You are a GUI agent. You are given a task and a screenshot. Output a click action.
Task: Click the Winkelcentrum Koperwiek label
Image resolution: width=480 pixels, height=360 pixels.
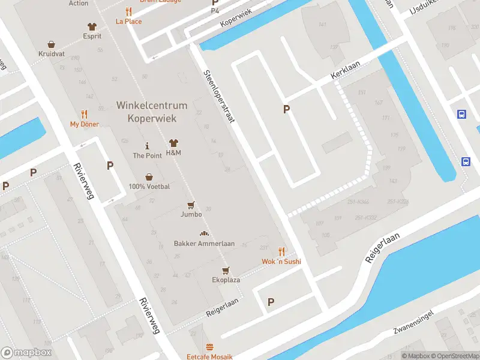151,112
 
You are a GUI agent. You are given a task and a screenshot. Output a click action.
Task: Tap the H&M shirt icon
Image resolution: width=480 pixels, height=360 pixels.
174,143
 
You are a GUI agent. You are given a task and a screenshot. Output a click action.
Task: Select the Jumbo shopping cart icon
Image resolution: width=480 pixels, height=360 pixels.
191,205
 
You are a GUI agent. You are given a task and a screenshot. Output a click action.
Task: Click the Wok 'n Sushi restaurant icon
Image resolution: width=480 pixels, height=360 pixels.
281,251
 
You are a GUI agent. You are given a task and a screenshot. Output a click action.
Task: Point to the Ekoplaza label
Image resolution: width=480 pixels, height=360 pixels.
226,280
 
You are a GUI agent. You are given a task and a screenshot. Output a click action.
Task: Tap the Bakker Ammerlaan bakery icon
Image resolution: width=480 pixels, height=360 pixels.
204,234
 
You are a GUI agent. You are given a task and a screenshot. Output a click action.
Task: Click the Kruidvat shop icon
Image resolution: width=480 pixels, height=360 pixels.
52,44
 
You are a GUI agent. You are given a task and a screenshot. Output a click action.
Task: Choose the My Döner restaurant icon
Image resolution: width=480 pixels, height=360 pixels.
84,114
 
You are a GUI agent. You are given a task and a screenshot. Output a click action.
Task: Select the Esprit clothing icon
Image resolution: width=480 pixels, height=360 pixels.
92,26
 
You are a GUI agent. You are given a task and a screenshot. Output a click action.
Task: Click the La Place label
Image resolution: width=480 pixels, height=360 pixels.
129,22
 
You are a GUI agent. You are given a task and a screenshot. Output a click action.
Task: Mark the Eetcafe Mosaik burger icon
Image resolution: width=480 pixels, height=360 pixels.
209,347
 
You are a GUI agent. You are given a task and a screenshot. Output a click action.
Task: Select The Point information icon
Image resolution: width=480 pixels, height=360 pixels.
148,146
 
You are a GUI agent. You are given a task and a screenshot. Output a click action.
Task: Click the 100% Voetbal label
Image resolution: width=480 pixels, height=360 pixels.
149,187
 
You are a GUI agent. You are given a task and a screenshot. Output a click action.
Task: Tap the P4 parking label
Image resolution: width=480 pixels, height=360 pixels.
215,11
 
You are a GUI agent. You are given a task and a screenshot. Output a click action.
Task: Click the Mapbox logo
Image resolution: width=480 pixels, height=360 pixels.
26,353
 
